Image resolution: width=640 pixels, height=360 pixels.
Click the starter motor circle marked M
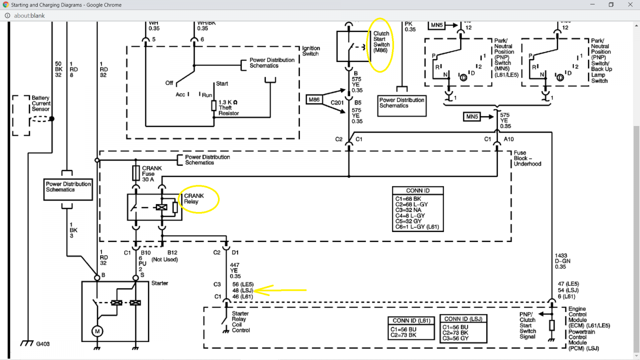[97, 332]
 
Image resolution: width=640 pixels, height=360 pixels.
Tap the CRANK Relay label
[194, 198]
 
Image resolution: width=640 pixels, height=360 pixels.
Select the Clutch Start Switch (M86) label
[382, 42]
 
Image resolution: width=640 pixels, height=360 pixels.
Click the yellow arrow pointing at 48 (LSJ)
[280, 290]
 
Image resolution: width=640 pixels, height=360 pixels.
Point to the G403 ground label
[43, 344]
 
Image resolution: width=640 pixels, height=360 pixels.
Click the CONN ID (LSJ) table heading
[463, 319]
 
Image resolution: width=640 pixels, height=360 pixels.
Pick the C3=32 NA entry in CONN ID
[408, 210]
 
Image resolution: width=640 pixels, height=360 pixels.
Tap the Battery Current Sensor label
[41, 104]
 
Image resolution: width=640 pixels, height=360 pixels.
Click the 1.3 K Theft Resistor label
[228, 108]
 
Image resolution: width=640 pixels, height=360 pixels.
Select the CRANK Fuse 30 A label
[152, 174]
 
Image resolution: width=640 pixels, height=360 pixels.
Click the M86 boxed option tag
[314, 100]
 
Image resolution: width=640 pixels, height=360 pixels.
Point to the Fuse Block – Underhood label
[527, 158]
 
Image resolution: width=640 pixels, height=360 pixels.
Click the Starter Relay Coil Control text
[240, 322]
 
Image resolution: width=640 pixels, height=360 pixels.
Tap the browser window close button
[630, 4]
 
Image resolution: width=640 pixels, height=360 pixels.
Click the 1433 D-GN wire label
[562, 261]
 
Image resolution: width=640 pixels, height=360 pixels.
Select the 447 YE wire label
[235, 270]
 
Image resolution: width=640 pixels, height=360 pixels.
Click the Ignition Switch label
[311, 51]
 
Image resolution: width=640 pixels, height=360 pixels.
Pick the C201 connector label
[337, 102]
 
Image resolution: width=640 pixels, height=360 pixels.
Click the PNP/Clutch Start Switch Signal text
[528, 326]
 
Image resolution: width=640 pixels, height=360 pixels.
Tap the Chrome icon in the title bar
[6, 5]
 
